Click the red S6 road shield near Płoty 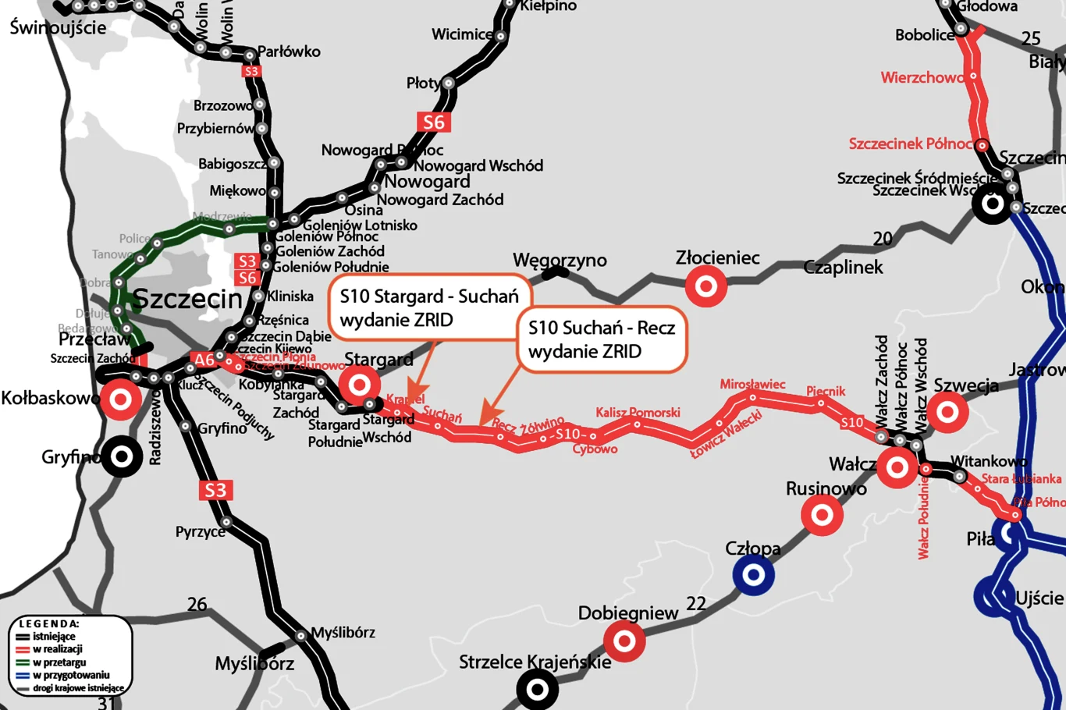click(x=433, y=122)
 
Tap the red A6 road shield click(x=204, y=360)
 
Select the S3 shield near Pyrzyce click(x=215, y=490)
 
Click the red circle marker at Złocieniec click(x=706, y=286)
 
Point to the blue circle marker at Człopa click(x=753, y=575)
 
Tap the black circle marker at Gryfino click(x=122, y=456)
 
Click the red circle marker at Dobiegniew click(x=624, y=641)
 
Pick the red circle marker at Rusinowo click(x=822, y=515)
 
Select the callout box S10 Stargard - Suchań click(x=429, y=307)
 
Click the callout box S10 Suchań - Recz click(x=602, y=339)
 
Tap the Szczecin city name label click(x=187, y=298)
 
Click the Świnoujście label click(x=58, y=27)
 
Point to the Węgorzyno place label click(x=560, y=260)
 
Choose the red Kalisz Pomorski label click(x=638, y=412)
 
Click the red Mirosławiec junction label click(x=752, y=384)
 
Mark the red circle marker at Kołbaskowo click(x=121, y=399)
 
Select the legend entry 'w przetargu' click(x=59, y=662)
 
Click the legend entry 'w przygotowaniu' click(x=70, y=675)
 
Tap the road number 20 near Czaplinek click(x=883, y=239)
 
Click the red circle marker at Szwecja click(x=947, y=411)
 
